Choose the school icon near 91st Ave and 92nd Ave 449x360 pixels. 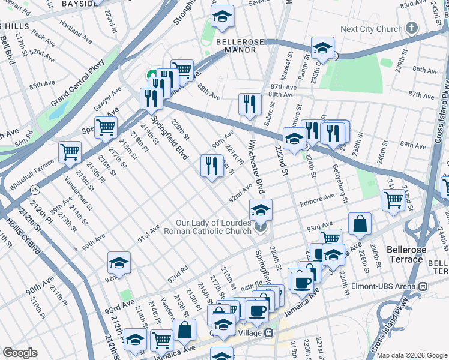pos(119,262)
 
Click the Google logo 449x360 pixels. pos(20,353)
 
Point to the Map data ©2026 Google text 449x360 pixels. pos(412,355)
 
